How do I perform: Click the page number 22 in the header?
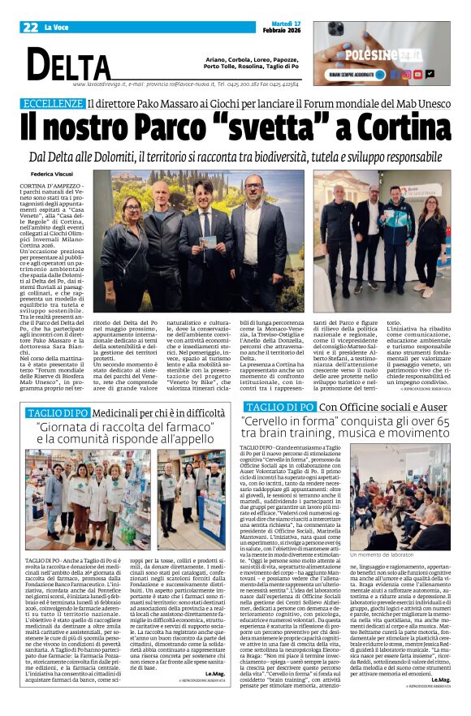pyautogui.click(x=30, y=28)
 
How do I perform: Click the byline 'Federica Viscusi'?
pyautogui.click(x=51, y=174)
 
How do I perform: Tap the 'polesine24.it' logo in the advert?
pyautogui.click(x=395, y=54)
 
